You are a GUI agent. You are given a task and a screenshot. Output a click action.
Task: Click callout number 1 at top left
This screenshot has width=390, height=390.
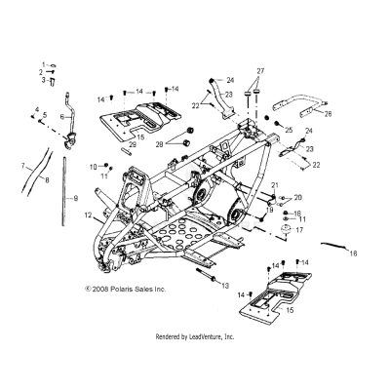tap(42, 63)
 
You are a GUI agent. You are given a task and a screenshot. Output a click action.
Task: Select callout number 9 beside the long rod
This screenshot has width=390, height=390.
tap(77, 198)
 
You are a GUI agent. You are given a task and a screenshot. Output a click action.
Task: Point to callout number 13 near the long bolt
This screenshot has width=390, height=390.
tap(225, 286)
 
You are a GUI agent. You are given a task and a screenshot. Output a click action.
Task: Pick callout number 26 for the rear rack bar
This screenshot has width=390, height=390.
tap(328, 113)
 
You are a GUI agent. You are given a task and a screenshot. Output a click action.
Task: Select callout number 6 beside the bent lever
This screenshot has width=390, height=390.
tap(61, 116)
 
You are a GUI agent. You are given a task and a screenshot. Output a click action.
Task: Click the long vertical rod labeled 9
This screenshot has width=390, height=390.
tap(65, 195)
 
